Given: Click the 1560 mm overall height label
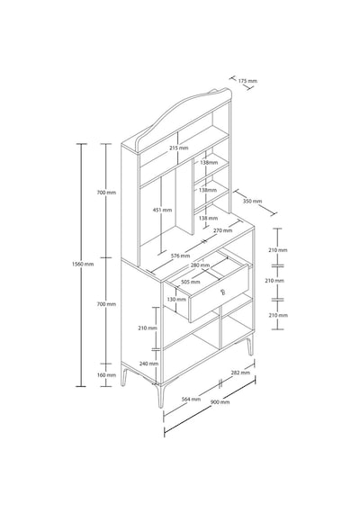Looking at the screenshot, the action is (83, 264).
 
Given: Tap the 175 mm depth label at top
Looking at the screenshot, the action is (247, 81).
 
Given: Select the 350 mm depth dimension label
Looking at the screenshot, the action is (252, 201).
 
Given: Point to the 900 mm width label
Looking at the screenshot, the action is (220, 401).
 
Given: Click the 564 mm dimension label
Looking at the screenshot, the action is (191, 399).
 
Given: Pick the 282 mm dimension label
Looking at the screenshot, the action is (240, 373).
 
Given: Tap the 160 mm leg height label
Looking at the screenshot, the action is (107, 375).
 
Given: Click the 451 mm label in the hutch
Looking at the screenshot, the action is (163, 210).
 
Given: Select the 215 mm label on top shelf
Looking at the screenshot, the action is (179, 148).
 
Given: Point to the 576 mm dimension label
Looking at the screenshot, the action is (180, 256).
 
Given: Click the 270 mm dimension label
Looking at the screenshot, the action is (222, 230).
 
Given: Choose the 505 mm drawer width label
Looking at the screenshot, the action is (191, 282).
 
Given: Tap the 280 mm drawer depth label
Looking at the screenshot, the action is (200, 265).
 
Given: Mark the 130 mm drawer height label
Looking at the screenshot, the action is (176, 300).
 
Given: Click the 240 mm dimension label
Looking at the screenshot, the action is (148, 364).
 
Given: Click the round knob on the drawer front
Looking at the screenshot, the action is (223, 292).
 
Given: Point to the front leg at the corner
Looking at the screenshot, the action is (160, 396).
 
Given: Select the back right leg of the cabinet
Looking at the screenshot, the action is (250, 346).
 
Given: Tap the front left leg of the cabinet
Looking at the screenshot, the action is (124, 376).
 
